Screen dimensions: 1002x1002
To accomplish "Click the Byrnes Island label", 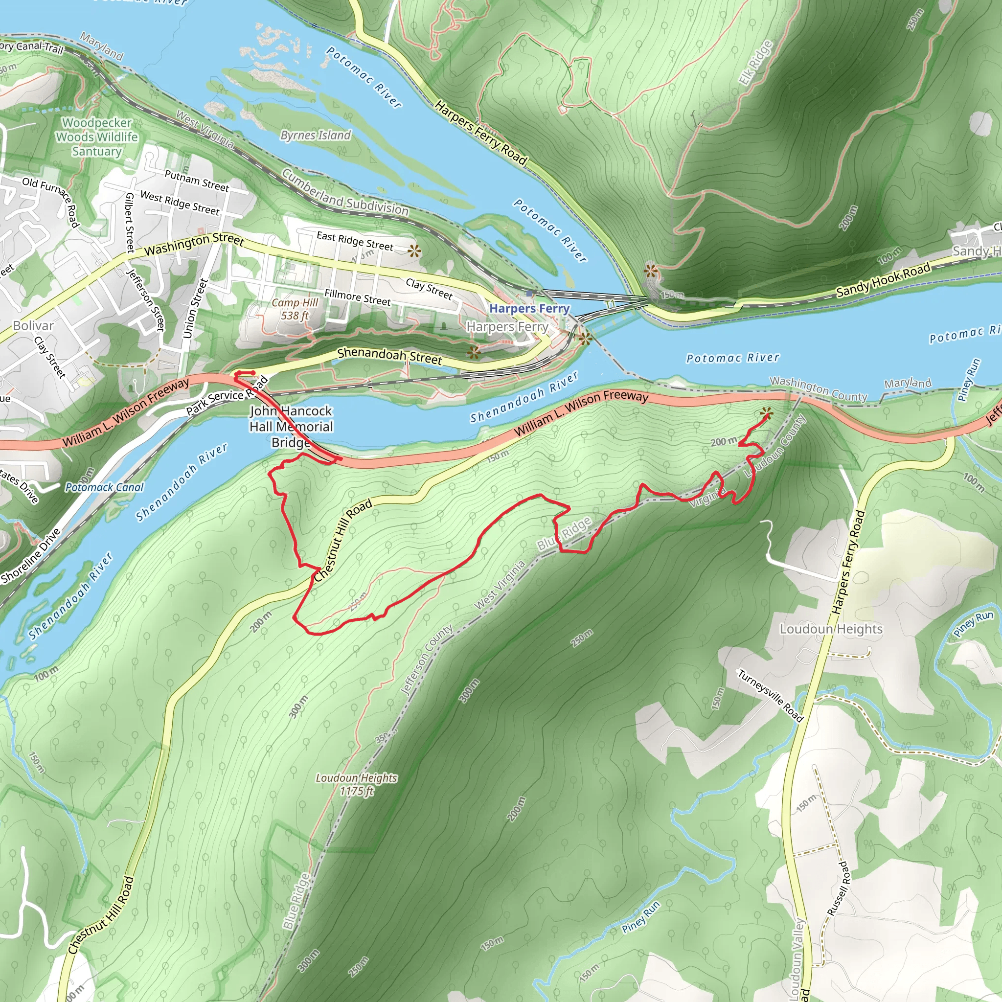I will [x=316, y=136].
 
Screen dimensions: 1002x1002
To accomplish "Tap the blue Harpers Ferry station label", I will [x=529, y=309].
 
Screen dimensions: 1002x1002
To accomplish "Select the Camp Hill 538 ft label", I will [x=295, y=309].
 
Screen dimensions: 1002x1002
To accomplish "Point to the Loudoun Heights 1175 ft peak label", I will [x=356, y=784].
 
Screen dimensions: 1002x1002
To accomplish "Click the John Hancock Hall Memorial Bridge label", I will [x=291, y=426].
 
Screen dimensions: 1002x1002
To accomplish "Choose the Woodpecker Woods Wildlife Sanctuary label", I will [x=97, y=137].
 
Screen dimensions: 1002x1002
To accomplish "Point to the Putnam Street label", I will [x=197, y=181].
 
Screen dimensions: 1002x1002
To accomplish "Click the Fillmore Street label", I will [x=357, y=297].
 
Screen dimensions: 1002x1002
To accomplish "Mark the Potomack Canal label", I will [x=104, y=487].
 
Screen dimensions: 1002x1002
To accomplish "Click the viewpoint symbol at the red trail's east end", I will [x=766, y=413].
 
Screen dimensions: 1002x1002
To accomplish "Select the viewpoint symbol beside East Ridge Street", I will [x=414, y=251].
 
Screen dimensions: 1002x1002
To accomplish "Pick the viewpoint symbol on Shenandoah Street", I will [x=473, y=353].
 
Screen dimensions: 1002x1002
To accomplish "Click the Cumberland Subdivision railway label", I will [x=345, y=193].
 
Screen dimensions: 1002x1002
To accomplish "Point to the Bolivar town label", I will [x=33, y=326].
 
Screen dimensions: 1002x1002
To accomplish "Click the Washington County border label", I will [x=818, y=389].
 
